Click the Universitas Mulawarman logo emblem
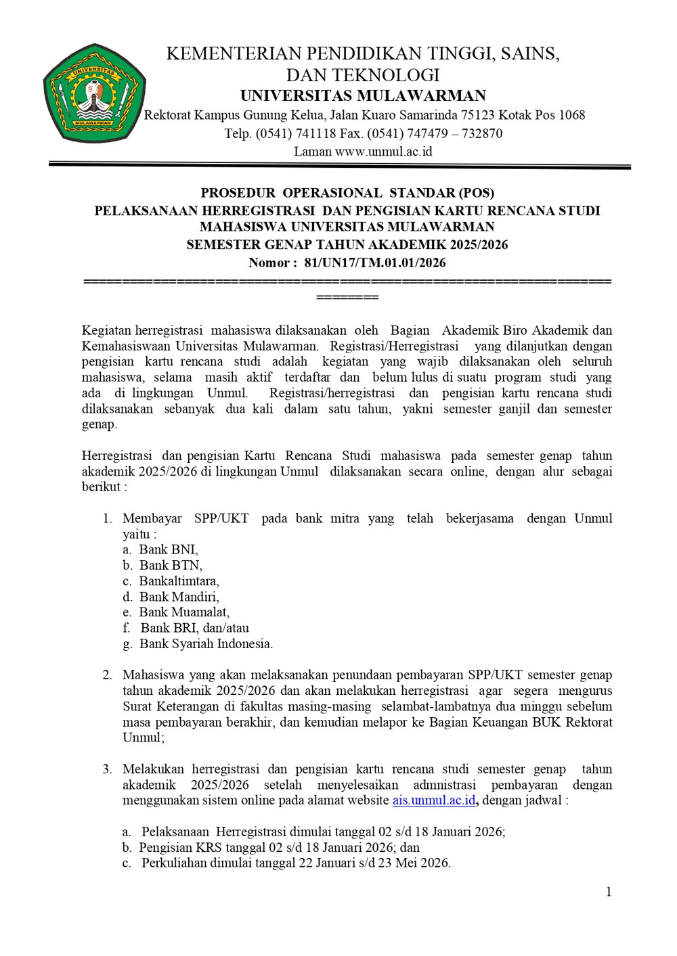94,94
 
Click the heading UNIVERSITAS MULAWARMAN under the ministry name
363,95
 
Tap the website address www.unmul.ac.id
383,152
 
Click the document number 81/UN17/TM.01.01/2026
375,263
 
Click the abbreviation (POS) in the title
476,193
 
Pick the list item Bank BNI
168,549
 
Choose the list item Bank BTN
170,565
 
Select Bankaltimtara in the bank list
179,581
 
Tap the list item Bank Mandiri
179,597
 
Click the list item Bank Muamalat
184,612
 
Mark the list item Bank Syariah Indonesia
206,643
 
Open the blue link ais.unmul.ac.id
434,800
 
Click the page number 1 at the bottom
609,892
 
